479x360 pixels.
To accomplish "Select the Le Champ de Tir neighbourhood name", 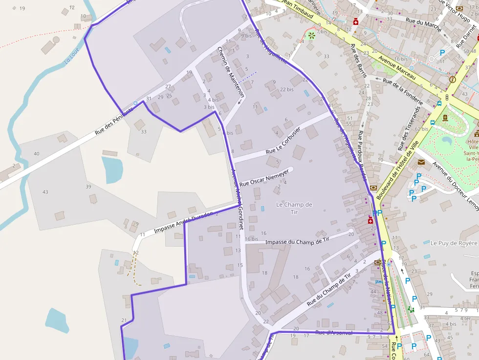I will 294,208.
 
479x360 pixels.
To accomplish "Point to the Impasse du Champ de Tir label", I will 298,240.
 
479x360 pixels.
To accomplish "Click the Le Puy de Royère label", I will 453,243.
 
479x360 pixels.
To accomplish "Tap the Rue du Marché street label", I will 424,22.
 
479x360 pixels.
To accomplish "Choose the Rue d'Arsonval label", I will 334,333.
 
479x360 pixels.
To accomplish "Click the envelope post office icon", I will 421,162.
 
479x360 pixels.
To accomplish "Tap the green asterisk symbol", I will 311,35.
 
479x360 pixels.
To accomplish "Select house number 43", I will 45,192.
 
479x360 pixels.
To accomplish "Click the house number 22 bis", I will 287,89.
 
